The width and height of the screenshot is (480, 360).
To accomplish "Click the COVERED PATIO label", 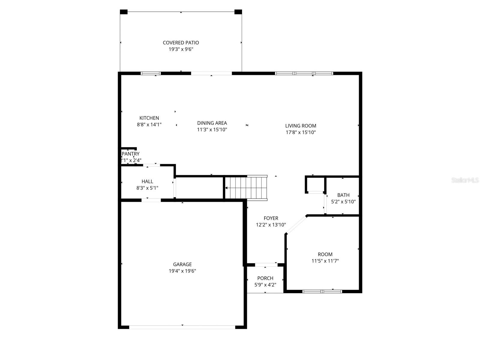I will click(181, 43).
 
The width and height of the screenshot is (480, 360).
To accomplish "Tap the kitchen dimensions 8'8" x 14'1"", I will click(149, 124).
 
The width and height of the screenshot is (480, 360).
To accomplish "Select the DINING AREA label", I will click(212, 123).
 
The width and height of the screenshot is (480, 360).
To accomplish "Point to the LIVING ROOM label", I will click(301, 126).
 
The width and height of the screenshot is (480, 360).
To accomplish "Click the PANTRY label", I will click(131, 154).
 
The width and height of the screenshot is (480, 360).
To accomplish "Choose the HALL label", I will click(147, 181).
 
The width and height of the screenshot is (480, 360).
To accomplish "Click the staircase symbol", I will click(246, 188).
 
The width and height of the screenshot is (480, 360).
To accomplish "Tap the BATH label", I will click(343, 195).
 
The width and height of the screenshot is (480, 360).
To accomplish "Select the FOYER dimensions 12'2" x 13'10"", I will click(271, 225).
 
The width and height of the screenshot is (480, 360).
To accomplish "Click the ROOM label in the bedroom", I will click(325, 254).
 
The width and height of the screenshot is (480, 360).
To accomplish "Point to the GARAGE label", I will click(182, 264).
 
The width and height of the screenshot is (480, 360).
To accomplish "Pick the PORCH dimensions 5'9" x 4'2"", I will click(265, 285).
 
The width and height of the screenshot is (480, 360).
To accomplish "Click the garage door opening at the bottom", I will click(182, 327).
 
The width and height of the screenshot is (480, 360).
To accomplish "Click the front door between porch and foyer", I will click(266, 265).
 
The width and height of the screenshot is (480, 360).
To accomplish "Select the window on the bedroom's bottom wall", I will click(322, 291).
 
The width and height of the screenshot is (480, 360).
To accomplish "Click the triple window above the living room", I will click(304, 73).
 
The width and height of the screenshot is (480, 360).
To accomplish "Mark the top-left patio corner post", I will click(124, 12).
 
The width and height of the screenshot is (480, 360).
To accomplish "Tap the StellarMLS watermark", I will click(465, 180).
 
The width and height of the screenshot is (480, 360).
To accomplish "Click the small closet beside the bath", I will click(315, 184).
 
